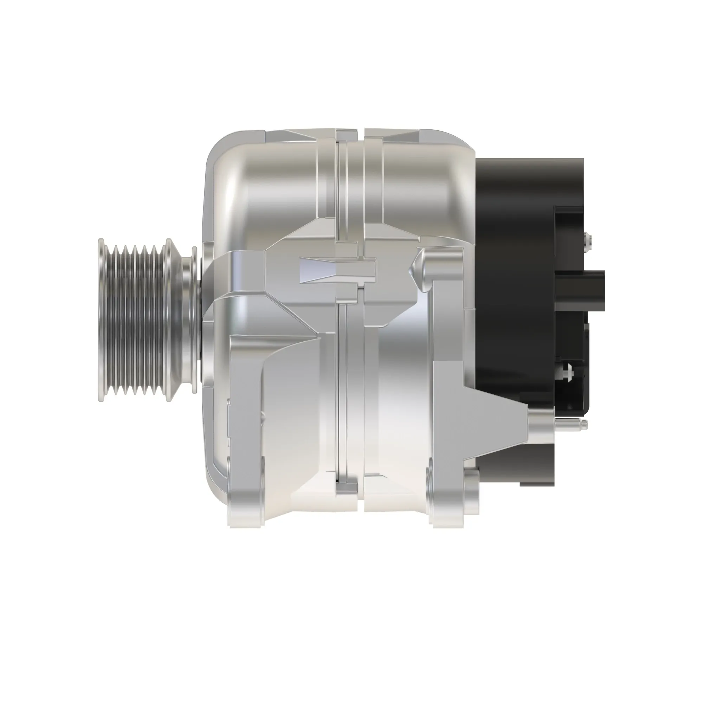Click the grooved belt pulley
(x=136, y=320)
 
